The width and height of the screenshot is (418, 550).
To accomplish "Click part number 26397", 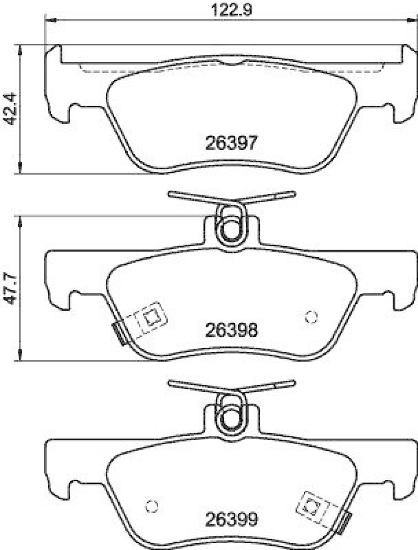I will coord(231,142).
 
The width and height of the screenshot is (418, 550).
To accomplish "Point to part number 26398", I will coord(231,330).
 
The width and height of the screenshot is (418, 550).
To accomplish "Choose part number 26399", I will coord(231,519).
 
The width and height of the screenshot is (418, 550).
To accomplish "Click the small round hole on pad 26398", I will coord(311,316).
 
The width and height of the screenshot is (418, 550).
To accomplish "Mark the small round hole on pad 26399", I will coord(153,506).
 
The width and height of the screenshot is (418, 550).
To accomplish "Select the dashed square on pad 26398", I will coord(150,318).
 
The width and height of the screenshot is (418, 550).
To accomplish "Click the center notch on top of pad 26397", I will coord(234,65).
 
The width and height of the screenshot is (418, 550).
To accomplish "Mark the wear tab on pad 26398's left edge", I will coord(119,334).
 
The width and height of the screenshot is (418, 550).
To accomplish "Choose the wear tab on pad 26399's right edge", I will coord(346,524).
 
